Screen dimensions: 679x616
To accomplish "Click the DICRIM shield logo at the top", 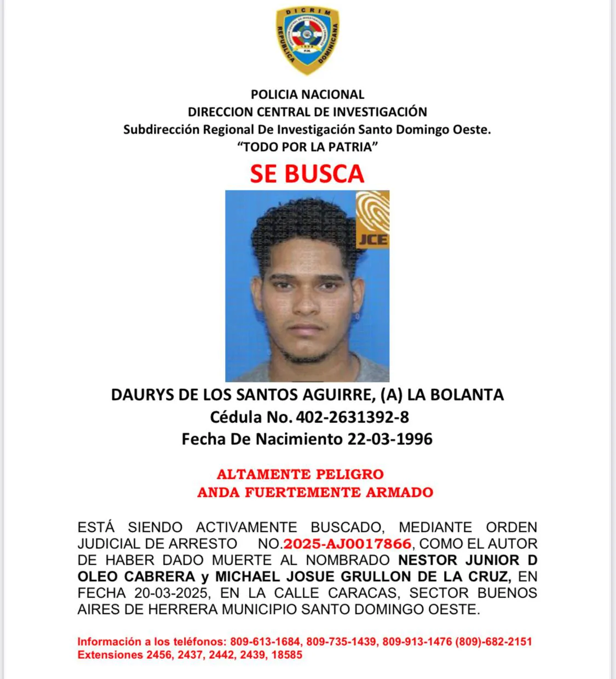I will [307, 41].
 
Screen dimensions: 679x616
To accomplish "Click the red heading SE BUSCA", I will [307, 173].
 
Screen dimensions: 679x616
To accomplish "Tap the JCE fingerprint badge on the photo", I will [372, 219].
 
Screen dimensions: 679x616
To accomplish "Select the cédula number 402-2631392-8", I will [352, 417].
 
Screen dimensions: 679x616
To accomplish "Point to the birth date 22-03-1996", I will [390, 439].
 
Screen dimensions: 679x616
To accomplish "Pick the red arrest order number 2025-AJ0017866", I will [348, 544].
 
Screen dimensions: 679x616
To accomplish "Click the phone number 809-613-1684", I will [265, 642].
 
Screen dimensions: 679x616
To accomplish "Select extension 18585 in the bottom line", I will [286, 655].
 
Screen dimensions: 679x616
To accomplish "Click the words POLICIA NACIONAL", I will [307, 95].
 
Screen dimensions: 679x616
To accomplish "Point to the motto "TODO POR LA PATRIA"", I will [307, 147].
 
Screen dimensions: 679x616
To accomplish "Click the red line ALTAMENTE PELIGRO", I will [300, 474].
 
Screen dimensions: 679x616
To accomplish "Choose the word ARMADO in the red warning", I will [399, 492].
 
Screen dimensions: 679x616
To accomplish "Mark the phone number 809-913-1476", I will [417, 642].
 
